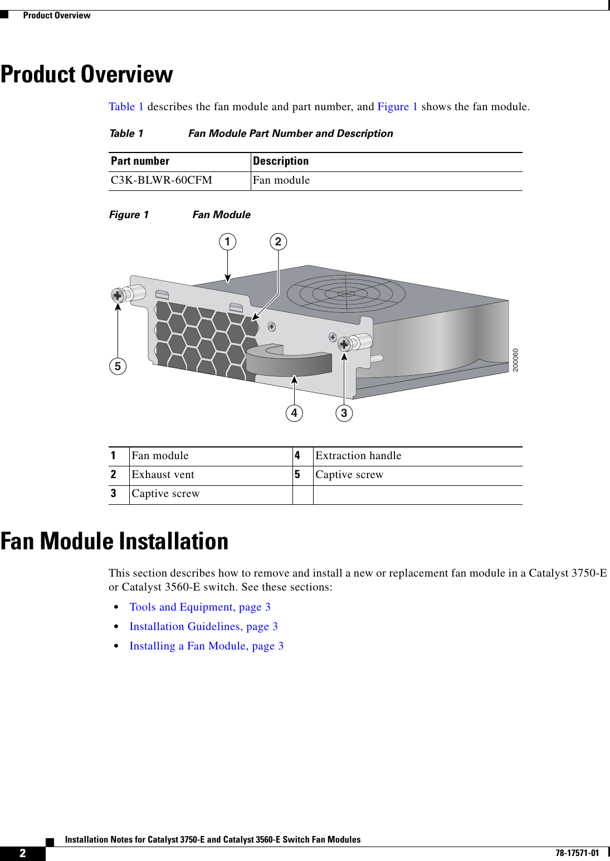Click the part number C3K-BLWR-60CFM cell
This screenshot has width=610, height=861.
coord(162,180)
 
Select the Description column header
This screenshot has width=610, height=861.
coord(281,161)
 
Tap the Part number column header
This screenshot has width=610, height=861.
coord(140,161)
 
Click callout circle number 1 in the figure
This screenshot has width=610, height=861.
coord(227,242)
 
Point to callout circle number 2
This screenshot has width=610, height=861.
coord(279,242)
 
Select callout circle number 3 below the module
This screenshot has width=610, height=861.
coord(344,413)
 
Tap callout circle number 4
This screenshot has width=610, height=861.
coord(294,413)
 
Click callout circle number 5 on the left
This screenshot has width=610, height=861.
coord(118,366)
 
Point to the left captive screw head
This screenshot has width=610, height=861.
coord(118,295)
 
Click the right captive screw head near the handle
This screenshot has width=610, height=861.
coord(344,345)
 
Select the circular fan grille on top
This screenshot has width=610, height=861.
coord(346,293)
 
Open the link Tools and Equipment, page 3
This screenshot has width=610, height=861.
coord(200,607)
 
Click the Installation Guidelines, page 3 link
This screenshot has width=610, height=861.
coord(203,627)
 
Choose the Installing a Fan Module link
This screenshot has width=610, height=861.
coord(206,646)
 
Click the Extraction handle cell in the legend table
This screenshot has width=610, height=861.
coord(358,456)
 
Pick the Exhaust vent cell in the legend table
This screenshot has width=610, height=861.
coord(163,475)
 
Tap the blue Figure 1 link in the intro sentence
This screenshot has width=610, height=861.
coord(397,107)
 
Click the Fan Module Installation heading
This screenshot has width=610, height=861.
coord(115,541)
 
